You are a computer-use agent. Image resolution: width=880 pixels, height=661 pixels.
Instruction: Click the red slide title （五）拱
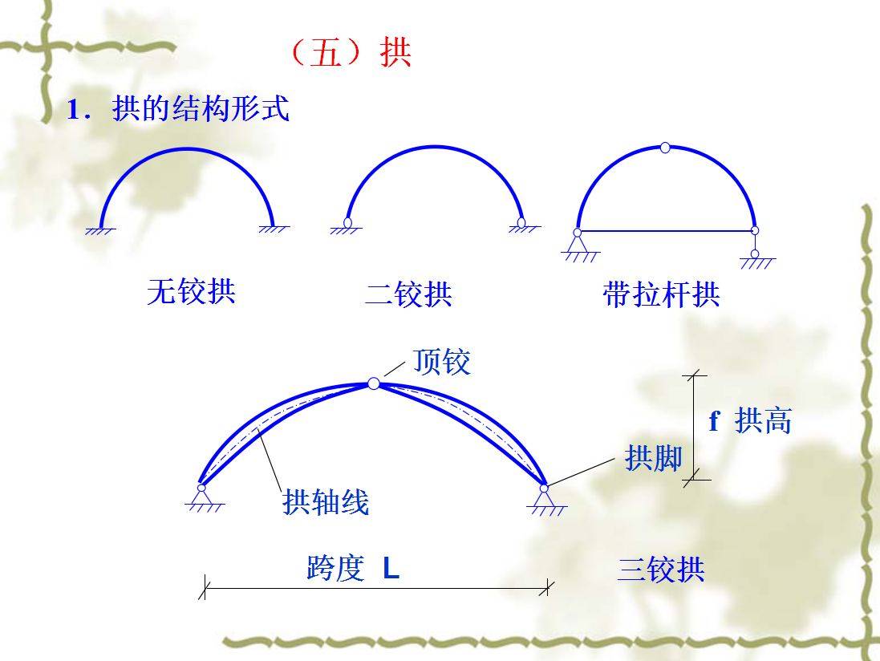[350, 53]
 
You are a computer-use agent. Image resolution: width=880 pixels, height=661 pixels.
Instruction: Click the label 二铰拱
[408, 294]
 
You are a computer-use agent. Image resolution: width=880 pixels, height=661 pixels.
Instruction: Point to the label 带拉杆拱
[661, 294]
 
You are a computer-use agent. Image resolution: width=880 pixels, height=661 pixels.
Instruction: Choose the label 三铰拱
[661, 570]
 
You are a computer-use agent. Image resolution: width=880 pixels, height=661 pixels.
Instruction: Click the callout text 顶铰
[441, 362]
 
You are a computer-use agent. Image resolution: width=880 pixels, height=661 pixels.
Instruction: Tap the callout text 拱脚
[653, 458]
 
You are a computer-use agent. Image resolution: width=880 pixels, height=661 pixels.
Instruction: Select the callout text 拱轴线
[326, 502]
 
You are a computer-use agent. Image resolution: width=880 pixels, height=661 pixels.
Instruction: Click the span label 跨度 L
[353, 569]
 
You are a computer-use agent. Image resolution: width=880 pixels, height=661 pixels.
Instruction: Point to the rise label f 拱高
[750, 420]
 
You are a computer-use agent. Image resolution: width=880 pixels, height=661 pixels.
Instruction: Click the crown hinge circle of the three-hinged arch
[374, 383]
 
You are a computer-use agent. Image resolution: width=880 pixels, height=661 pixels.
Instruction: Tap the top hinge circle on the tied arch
[665, 148]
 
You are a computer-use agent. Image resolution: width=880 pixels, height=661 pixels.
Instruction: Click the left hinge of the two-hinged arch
[347, 222]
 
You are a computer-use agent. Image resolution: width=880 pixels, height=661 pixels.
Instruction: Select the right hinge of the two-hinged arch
[521, 222]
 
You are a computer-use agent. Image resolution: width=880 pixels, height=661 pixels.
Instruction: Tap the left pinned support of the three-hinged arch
[201, 497]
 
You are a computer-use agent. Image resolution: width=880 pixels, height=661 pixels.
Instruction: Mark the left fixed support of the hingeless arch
[101, 229]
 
